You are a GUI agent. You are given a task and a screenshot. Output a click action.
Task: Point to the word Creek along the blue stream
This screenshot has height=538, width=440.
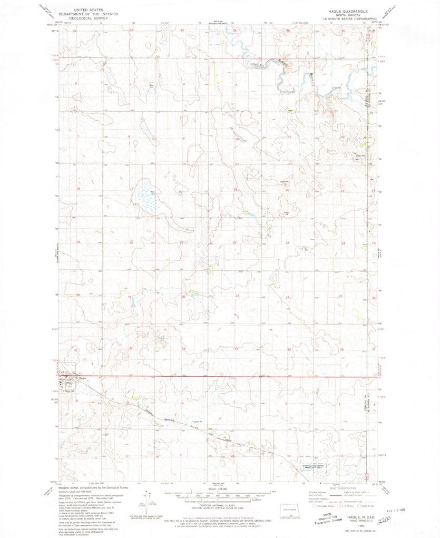pos(337,87)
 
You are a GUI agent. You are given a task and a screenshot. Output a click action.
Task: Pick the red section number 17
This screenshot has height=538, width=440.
pos(131,188)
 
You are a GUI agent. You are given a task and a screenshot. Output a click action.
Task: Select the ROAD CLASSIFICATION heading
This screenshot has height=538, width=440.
pos(344,488)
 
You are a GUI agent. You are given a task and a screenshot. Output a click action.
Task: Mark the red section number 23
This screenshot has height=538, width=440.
pos(288,242)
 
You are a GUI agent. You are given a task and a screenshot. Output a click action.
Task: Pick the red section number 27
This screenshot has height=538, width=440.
pos(237,296)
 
